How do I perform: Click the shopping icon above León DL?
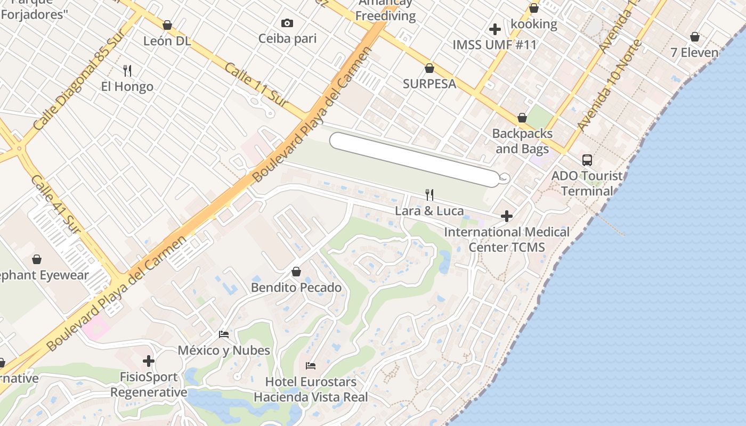(167, 25)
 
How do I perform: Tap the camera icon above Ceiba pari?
(287, 23)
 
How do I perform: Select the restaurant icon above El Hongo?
(127, 70)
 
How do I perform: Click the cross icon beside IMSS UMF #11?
(494, 29)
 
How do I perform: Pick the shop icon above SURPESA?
(429, 68)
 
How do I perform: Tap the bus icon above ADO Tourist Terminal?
(587, 160)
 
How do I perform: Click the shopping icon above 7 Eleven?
(694, 37)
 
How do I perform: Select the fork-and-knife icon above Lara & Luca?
(429, 195)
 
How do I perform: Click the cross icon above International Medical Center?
(506, 216)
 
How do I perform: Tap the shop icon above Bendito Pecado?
(296, 272)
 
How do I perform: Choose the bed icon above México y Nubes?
(224, 334)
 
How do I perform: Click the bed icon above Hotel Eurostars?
(311, 366)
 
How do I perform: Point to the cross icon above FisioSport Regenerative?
(149, 361)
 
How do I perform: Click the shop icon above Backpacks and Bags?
(522, 118)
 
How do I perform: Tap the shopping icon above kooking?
(533, 9)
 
